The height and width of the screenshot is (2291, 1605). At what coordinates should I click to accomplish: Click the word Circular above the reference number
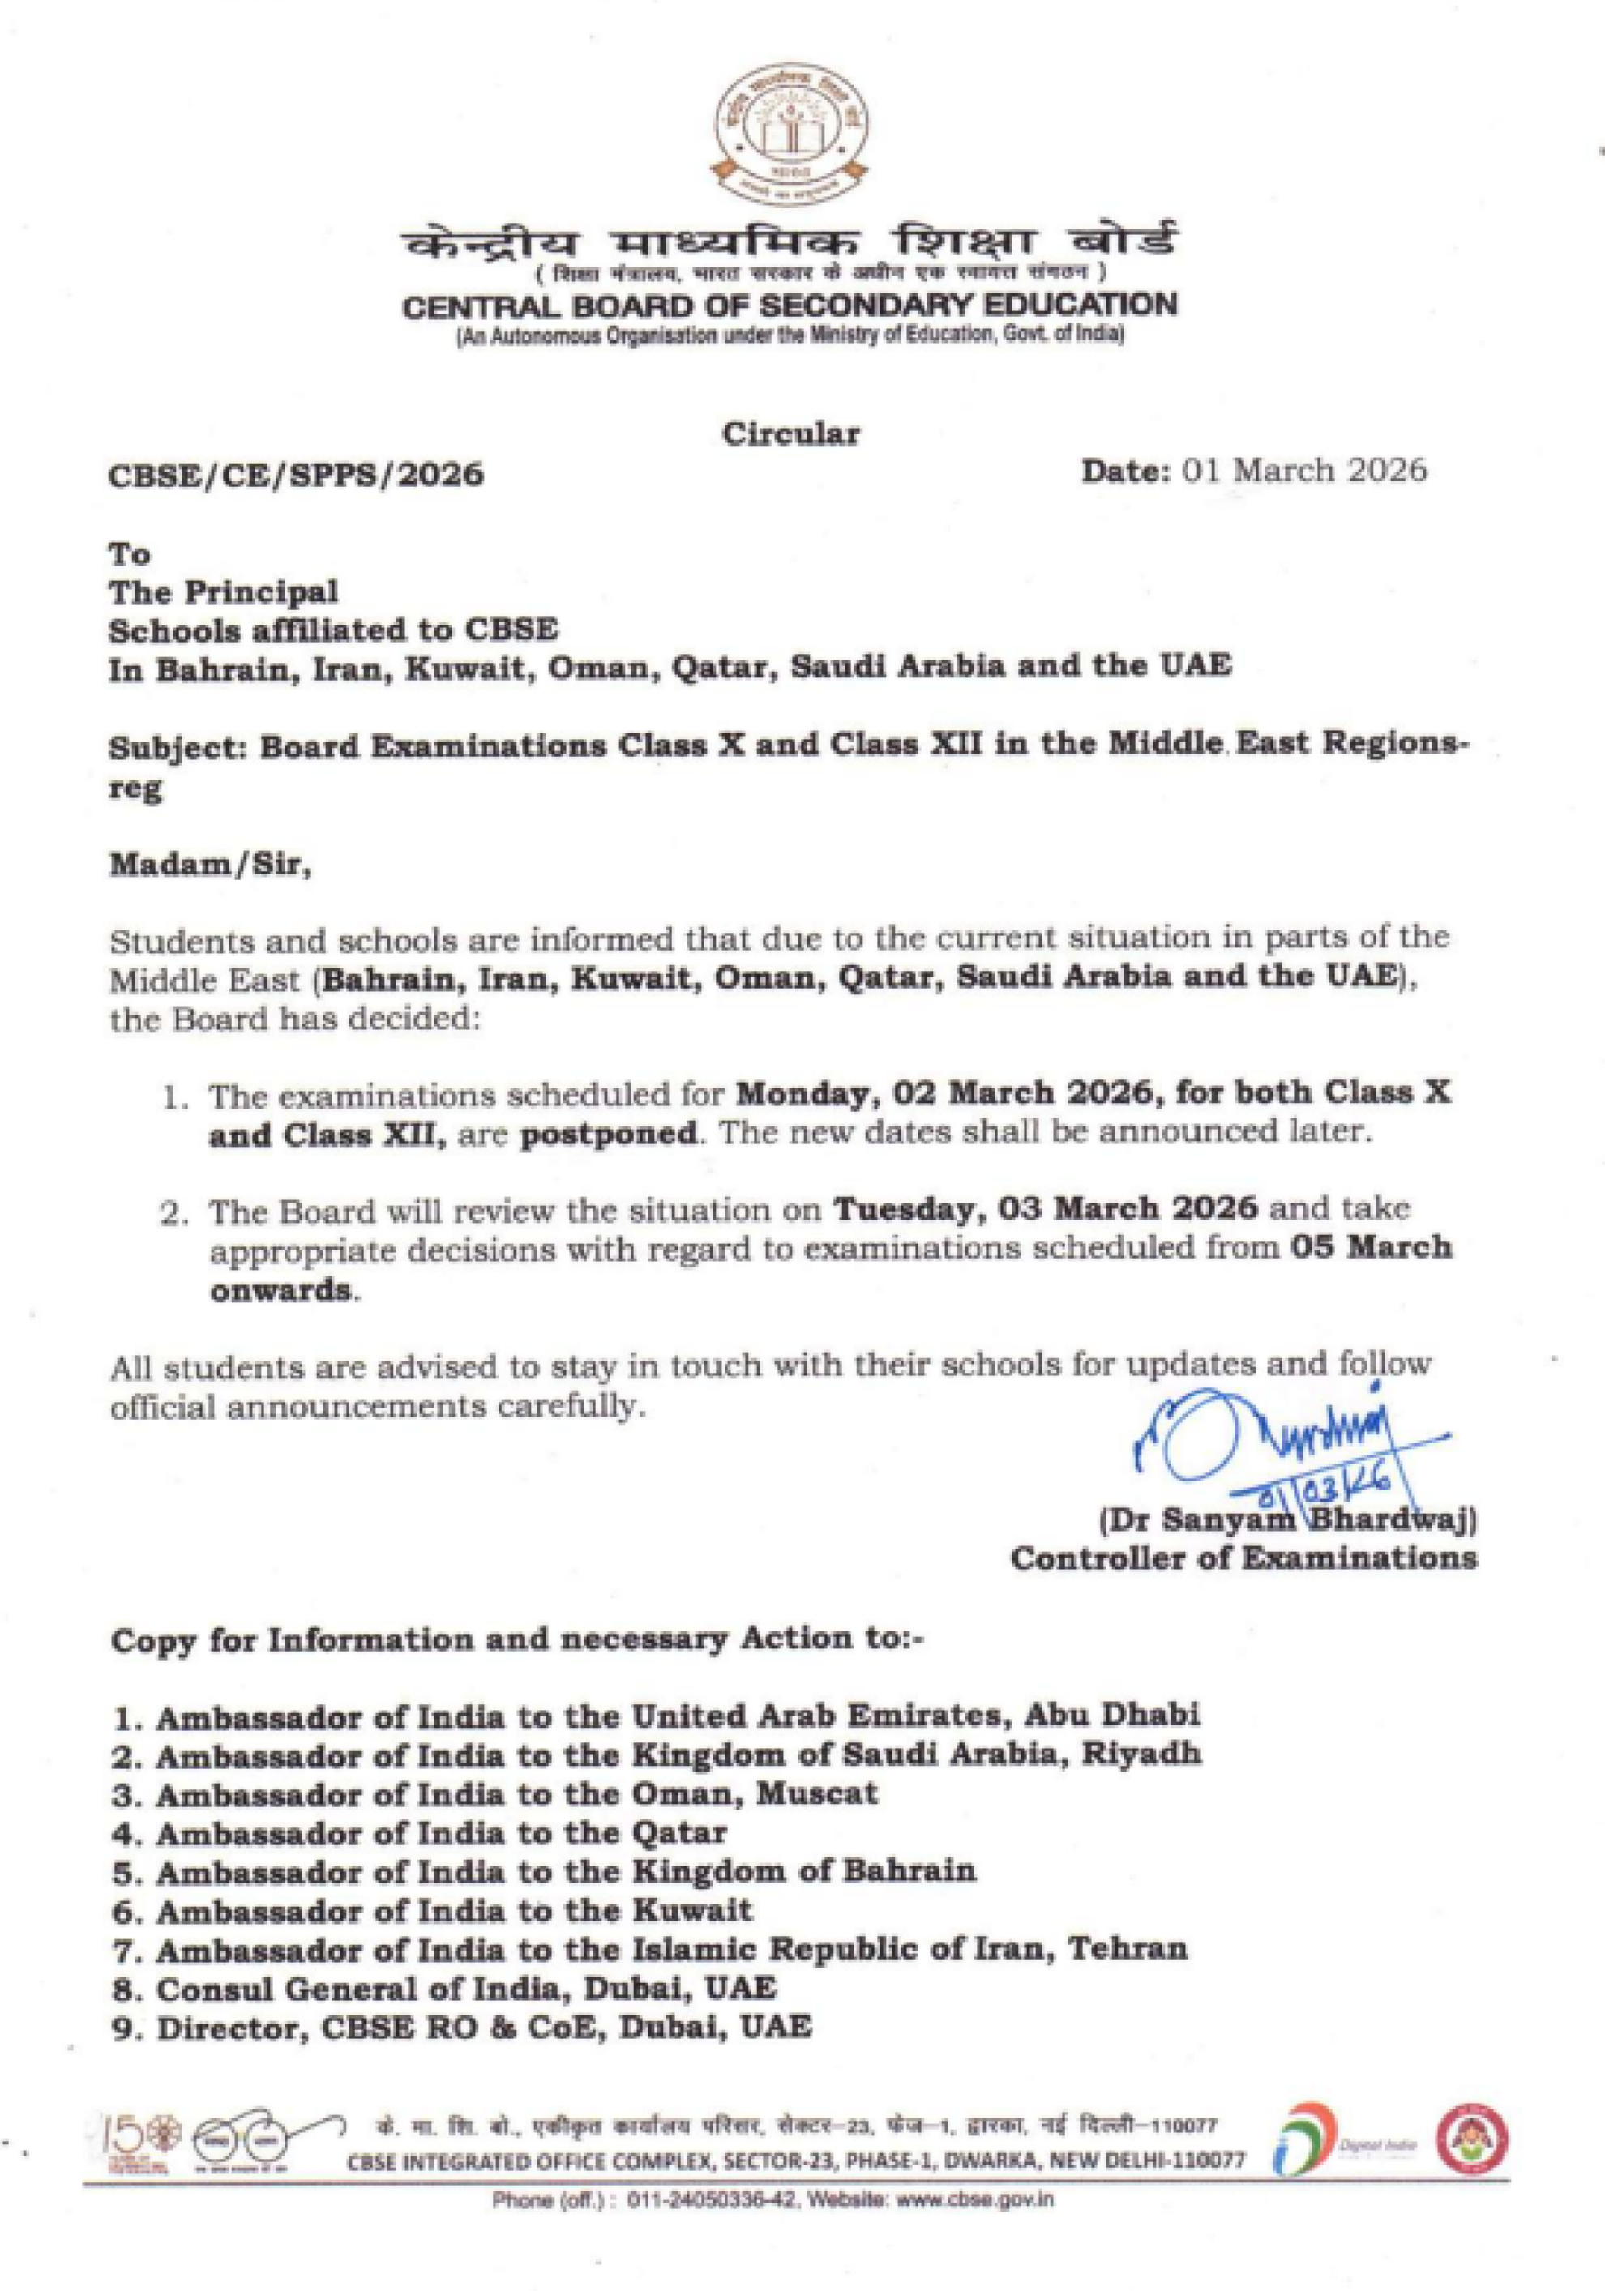790,434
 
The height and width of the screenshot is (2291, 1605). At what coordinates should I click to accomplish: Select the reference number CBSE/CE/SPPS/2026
295,474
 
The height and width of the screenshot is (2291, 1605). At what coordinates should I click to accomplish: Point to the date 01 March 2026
1303,470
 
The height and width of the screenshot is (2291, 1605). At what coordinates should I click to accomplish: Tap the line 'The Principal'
224,592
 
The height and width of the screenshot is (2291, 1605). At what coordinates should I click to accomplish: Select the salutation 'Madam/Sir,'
211,864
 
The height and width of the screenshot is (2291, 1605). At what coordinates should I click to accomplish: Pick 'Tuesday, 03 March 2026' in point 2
1045,1209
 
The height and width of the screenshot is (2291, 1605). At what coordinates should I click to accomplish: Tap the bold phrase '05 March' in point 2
1369,1248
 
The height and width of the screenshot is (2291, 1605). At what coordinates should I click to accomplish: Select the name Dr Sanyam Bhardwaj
1287,1520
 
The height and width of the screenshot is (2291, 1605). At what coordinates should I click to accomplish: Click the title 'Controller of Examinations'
1243,1558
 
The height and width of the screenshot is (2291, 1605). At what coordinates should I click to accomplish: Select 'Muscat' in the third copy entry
816,1793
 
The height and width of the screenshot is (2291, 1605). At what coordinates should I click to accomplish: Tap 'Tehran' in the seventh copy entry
1128,1949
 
